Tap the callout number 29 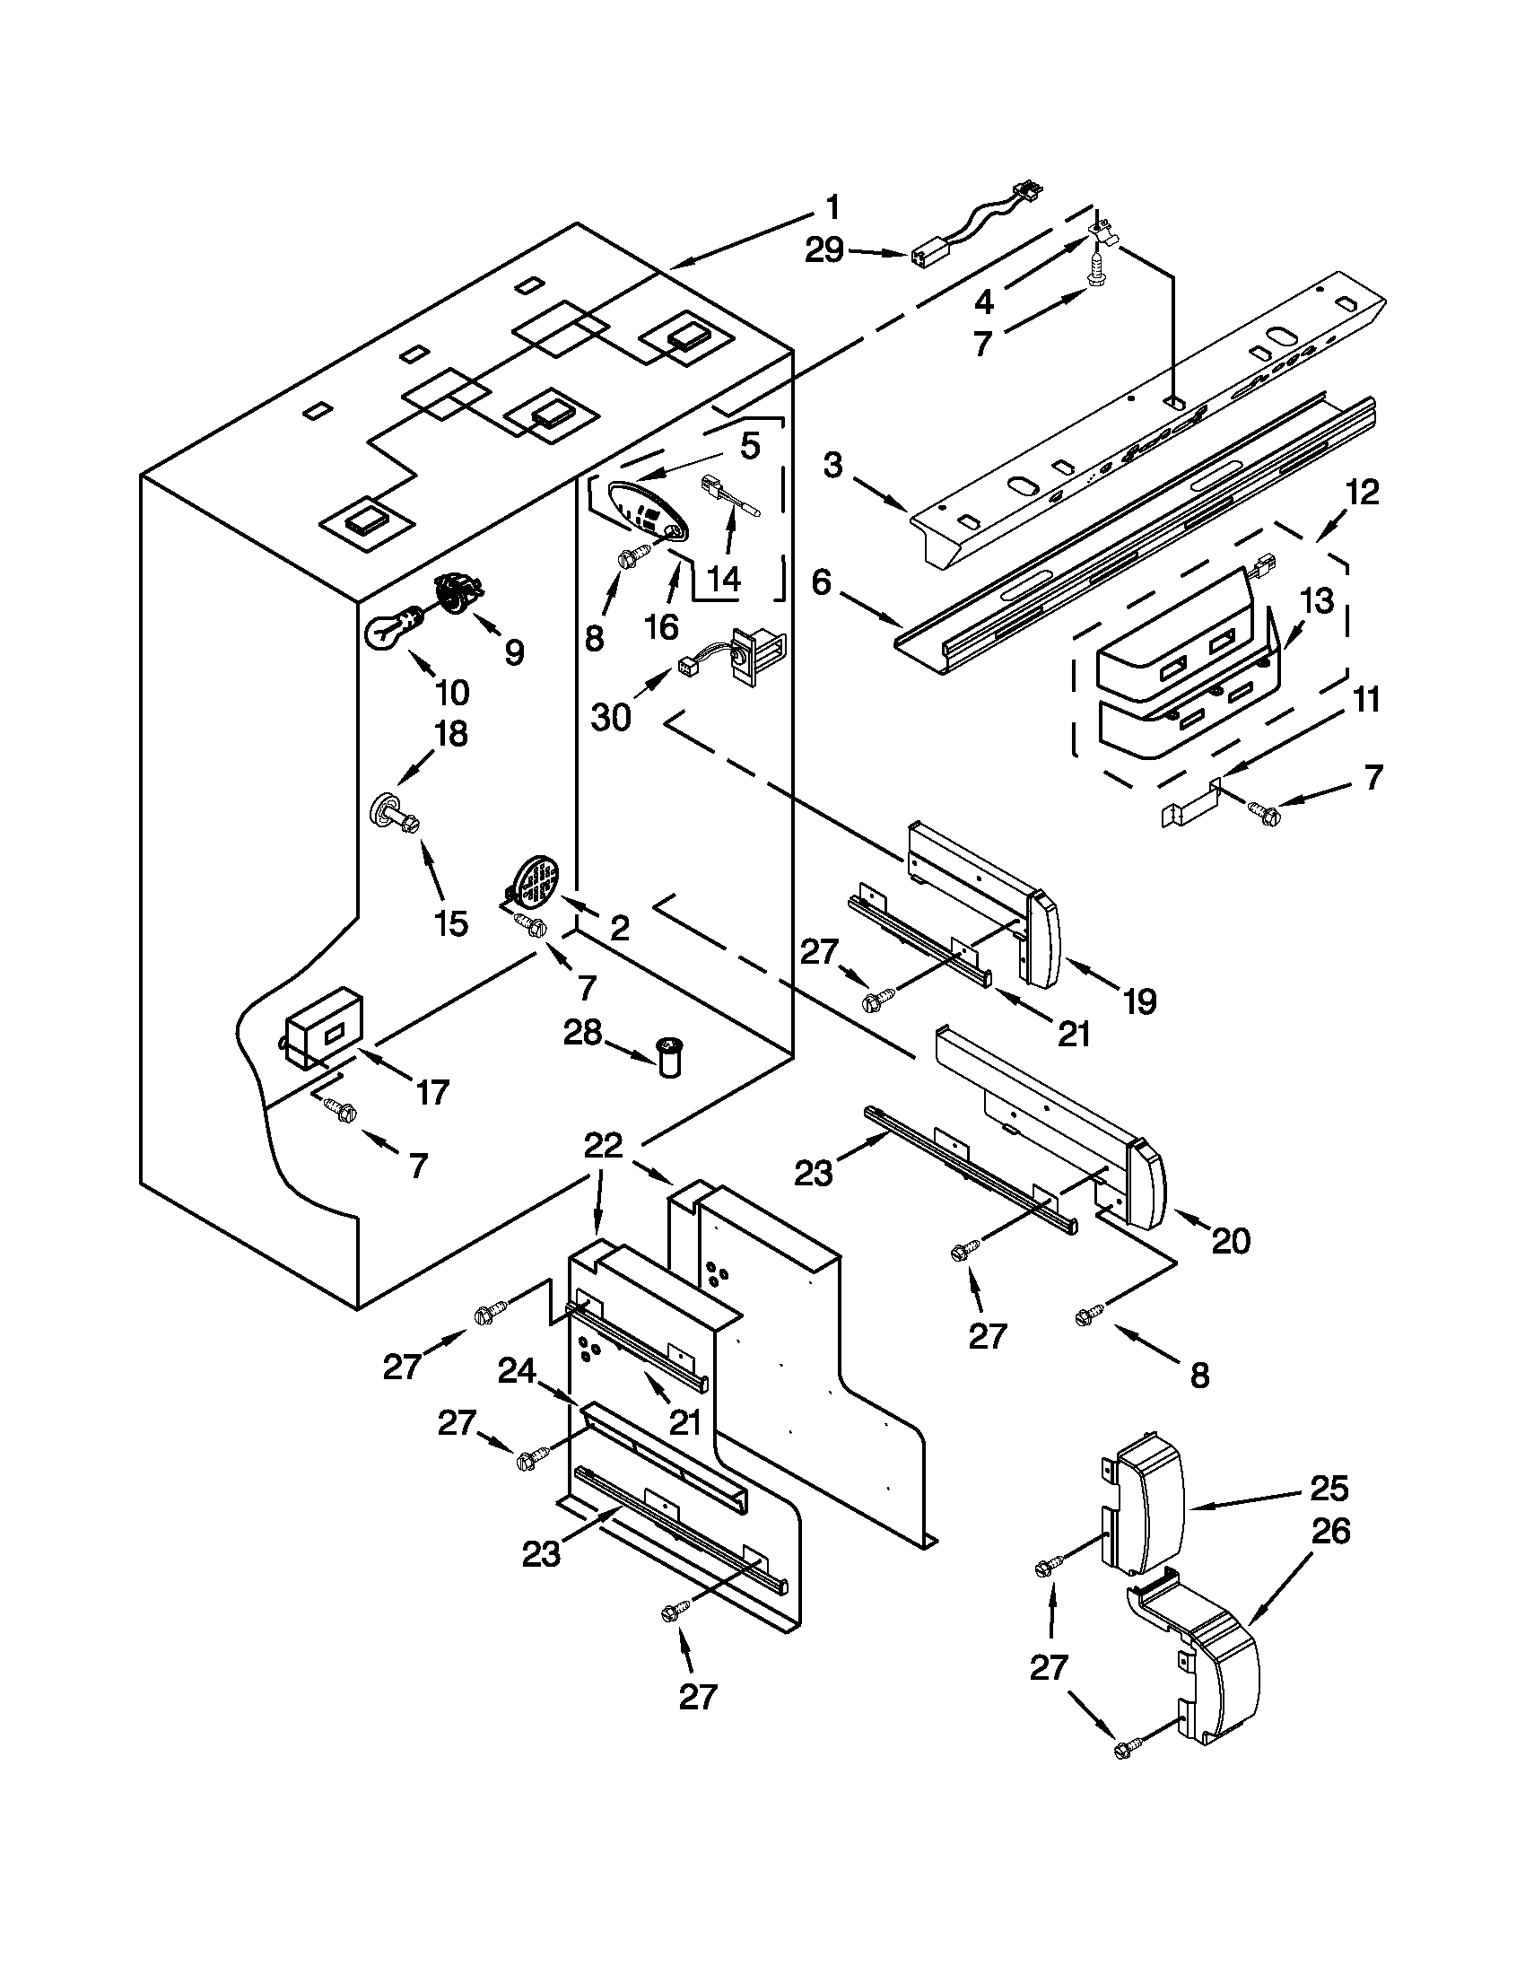pyautogui.click(x=824, y=250)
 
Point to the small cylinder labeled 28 pyautogui.click(x=670, y=1056)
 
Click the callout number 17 pyautogui.click(x=432, y=1093)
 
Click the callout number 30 pyautogui.click(x=611, y=717)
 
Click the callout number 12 pyautogui.click(x=1363, y=493)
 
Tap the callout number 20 pyautogui.click(x=1230, y=1242)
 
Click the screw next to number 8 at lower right pyautogui.click(x=1089, y=1318)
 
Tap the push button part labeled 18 pyautogui.click(x=388, y=808)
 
